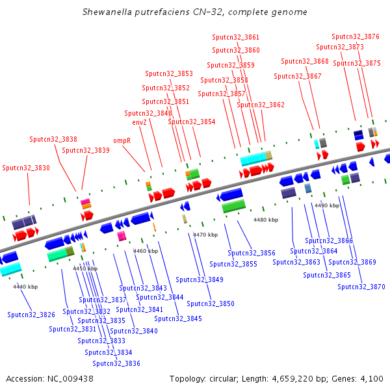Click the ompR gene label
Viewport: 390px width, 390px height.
point(122,141)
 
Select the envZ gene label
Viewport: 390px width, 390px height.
point(140,122)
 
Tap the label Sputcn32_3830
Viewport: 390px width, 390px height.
point(26,168)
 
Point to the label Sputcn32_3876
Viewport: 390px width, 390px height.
point(356,37)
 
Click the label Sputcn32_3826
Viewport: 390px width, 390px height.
point(31,315)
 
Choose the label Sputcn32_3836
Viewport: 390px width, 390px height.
point(116,363)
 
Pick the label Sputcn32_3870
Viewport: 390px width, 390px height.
point(361,287)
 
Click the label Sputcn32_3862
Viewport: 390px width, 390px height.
point(261,105)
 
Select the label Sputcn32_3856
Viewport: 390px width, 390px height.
point(252,253)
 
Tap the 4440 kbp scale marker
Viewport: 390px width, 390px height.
point(25,287)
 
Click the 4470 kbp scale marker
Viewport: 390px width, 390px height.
point(205,235)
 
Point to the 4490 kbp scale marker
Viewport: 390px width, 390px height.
point(327,205)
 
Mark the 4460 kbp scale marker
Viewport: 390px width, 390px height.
point(146,251)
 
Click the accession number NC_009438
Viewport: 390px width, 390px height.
point(70,379)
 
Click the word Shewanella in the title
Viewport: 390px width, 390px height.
point(107,12)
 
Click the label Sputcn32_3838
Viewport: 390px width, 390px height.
point(53,139)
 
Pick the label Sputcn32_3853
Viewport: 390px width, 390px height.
point(169,73)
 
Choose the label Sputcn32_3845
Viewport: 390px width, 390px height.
point(178,319)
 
